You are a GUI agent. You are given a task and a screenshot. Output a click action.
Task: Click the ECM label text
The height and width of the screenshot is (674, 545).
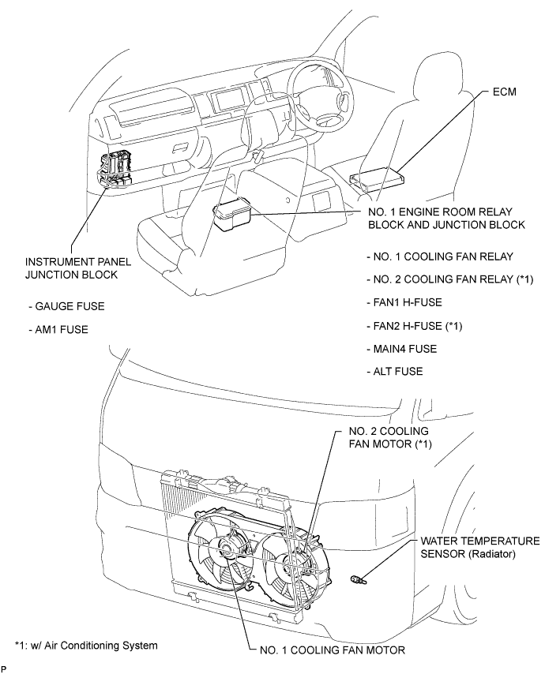(x=504, y=92)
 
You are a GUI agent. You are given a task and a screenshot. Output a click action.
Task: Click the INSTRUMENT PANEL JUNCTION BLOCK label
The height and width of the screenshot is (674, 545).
(x=78, y=268)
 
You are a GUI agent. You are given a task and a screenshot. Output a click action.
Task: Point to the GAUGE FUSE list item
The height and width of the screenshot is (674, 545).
(x=66, y=306)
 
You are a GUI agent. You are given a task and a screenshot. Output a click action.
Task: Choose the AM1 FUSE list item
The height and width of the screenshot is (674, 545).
(x=58, y=330)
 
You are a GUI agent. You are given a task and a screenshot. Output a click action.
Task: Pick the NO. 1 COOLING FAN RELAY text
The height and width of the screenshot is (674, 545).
(x=440, y=256)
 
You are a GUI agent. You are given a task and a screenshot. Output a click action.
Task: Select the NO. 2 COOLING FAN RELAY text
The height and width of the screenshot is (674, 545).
(x=450, y=279)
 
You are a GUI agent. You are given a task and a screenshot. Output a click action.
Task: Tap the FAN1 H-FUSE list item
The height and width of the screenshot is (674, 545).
(x=404, y=302)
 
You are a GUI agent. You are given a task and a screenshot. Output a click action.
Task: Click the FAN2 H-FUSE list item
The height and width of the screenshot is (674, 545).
(x=414, y=326)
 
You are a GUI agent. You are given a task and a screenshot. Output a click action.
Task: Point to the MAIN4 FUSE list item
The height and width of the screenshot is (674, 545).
(x=402, y=349)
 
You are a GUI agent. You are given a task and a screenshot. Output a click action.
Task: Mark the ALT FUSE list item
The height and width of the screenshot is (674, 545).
(x=395, y=371)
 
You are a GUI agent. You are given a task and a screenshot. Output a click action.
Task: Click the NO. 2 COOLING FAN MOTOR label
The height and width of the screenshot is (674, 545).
(x=390, y=437)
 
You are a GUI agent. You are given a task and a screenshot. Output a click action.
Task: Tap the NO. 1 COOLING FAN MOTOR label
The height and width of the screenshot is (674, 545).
(x=333, y=650)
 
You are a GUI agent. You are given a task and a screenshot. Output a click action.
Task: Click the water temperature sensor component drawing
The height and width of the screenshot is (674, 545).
(x=359, y=580)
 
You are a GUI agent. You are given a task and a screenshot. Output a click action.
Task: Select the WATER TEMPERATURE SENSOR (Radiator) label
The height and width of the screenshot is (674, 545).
(x=480, y=547)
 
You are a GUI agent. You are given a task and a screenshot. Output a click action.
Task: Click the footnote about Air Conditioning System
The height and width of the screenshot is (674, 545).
(x=86, y=646)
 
